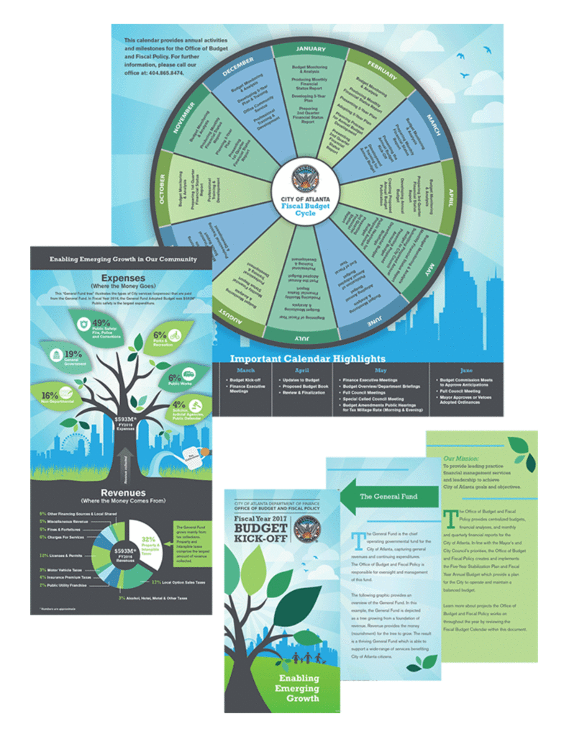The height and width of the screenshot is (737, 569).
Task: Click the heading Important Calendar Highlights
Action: point(307,358)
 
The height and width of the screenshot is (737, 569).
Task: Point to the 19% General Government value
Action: point(73,354)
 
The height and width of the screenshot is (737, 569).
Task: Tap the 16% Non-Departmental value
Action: point(50,395)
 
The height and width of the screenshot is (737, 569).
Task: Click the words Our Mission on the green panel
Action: point(460,458)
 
